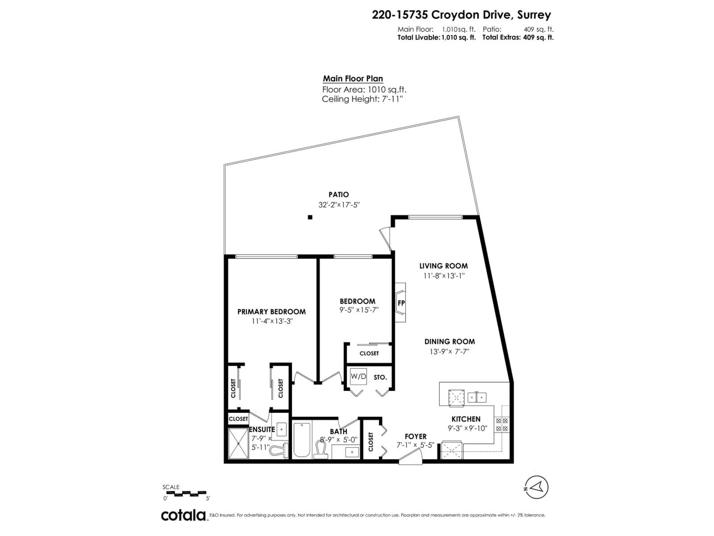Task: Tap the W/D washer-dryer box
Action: [x=358, y=376]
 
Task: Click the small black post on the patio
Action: [x=310, y=217]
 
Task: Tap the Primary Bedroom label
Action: [x=271, y=312]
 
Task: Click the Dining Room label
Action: [x=449, y=342]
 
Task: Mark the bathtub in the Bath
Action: [x=302, y=440]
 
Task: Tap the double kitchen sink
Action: [x=477, y=397]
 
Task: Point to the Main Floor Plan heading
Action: [x=353, y=79]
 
